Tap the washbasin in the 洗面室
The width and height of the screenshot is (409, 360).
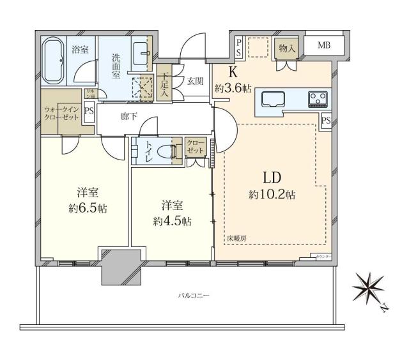(x=141, y=51)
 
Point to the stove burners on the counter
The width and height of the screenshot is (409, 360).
(x=317, y=98)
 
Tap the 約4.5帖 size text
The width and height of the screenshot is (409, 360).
(x=173, y=221)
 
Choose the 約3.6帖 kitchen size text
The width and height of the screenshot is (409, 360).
(x=232, y=89)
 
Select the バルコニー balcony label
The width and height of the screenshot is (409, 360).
(x=194, y=296)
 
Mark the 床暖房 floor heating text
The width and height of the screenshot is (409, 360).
(x=236, y=238)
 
